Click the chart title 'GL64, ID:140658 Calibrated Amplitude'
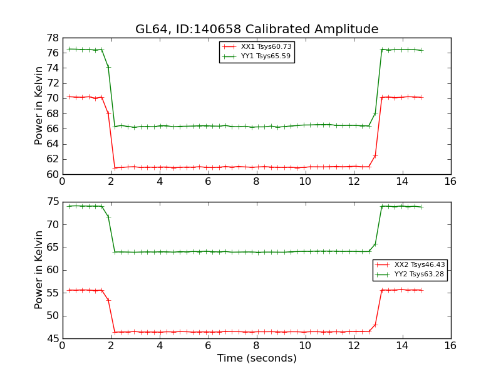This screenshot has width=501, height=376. coord(257,29)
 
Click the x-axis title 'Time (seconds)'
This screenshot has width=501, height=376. coord(257,358)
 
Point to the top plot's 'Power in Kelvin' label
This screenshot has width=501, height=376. coord(39,105)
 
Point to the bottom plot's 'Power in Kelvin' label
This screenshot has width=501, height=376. coord(39,269)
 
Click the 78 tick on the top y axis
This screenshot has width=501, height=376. coord(52,38)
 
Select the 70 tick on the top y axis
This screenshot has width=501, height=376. coord(52,98)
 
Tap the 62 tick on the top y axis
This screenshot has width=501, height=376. coord(52,159)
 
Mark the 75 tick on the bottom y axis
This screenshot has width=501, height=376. coord(52,202)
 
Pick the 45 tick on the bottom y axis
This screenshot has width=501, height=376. coord(52,338)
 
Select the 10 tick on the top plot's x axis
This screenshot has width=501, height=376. coord(305,182)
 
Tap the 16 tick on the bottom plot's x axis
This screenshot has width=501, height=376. coord(450,346)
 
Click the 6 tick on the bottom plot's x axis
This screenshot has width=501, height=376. coord(208,346)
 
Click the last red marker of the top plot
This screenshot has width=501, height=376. coord(421,97)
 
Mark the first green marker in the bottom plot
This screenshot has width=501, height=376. coord(69,206)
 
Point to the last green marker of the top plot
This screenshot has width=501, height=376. coord(421,50)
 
